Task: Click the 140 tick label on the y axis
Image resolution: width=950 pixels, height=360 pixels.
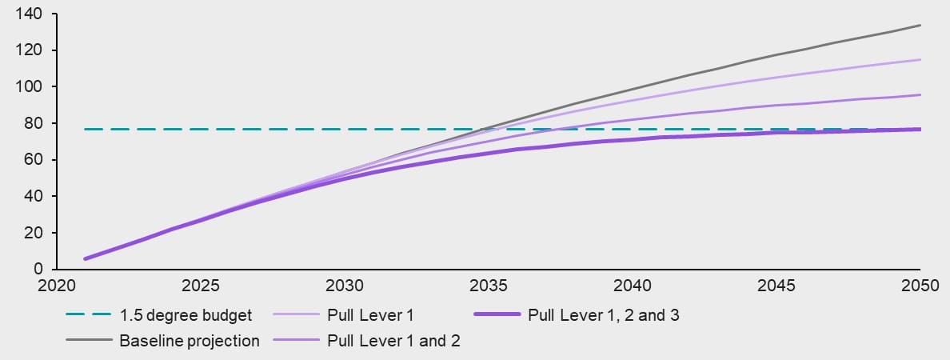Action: coord(30,14)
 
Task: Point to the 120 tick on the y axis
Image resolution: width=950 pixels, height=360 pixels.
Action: coord(30,50)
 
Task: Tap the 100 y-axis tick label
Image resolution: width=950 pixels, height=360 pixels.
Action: coord(30,86)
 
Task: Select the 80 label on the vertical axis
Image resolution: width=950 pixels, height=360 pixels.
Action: coord(34,123)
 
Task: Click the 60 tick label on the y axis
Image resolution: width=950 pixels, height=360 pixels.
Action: coord(34,160)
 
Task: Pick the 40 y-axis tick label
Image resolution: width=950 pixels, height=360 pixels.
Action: coord(34,196)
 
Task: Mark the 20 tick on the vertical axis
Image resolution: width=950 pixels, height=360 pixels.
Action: coord(34,233)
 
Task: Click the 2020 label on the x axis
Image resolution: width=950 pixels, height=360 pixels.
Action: coord(57,286)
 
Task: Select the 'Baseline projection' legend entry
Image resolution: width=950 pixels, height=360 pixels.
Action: coord(190,341)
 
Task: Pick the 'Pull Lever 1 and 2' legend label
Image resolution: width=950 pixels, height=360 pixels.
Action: coord(393,341)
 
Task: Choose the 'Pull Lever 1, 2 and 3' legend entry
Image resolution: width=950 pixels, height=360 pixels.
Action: coord(604,314)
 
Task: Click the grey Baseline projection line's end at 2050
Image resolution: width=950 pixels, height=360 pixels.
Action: coord(920,25)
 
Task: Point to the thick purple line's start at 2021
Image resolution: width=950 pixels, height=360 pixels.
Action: coord(86,258)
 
